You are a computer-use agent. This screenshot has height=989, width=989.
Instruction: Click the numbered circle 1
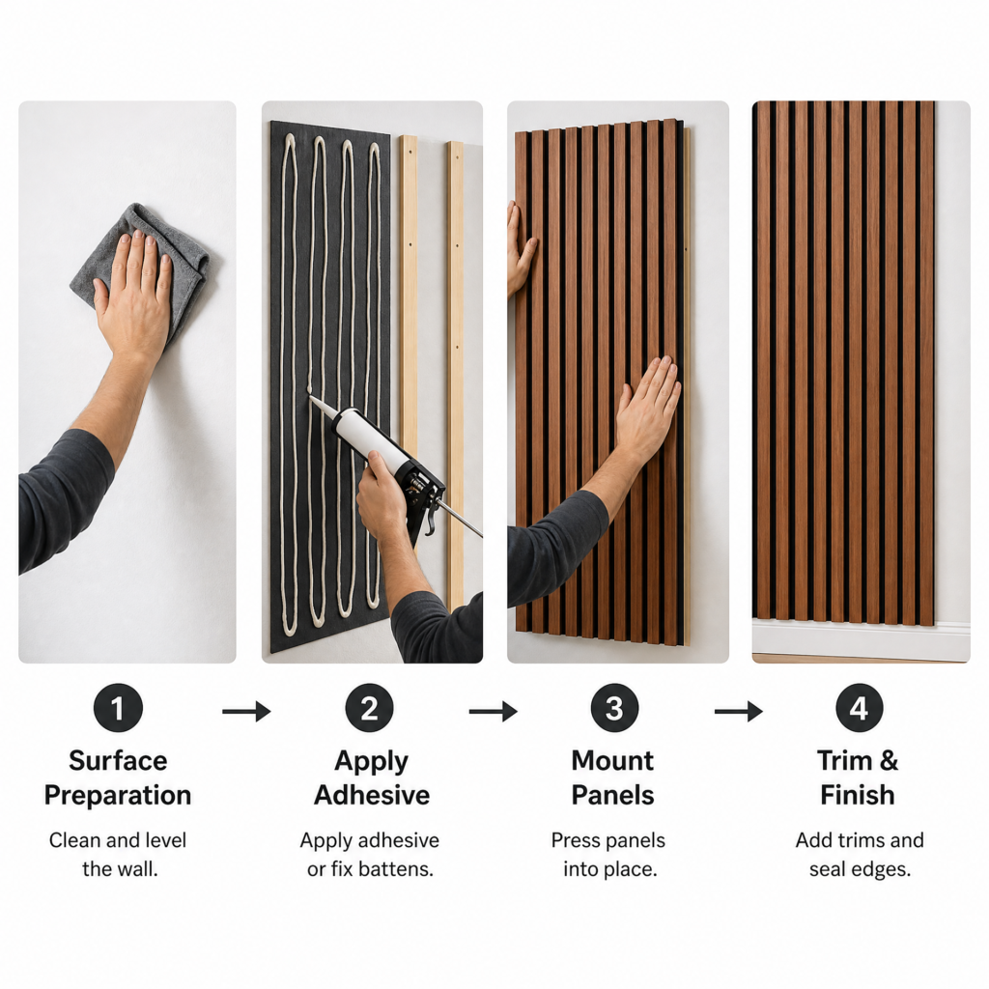click(118, 708)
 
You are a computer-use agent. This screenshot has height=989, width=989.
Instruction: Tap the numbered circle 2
click(369, 708)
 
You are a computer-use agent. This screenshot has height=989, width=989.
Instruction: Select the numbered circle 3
click(614, 708)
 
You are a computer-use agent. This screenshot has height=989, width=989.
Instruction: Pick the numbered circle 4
click(859, 708)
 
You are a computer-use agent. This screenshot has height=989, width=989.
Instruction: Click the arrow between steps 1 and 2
click(246, 712)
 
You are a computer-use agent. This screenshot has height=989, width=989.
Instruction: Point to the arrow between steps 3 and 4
click(738, 712)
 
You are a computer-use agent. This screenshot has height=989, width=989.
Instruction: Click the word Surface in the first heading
click(118, 761)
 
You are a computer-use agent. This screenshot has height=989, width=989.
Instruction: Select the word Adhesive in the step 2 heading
click(372, 795)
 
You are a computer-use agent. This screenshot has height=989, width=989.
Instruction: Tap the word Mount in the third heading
click(612, 761)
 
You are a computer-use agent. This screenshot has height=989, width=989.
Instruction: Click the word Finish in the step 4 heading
click(858, 795)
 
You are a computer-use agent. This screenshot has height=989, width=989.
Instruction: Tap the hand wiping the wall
click(133, 297)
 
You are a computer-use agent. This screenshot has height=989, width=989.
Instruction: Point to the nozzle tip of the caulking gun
click(309, 396)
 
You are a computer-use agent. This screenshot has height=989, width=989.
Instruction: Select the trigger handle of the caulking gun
click(428, 514)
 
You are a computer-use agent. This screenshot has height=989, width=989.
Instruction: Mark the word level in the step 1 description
click(162, 840)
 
